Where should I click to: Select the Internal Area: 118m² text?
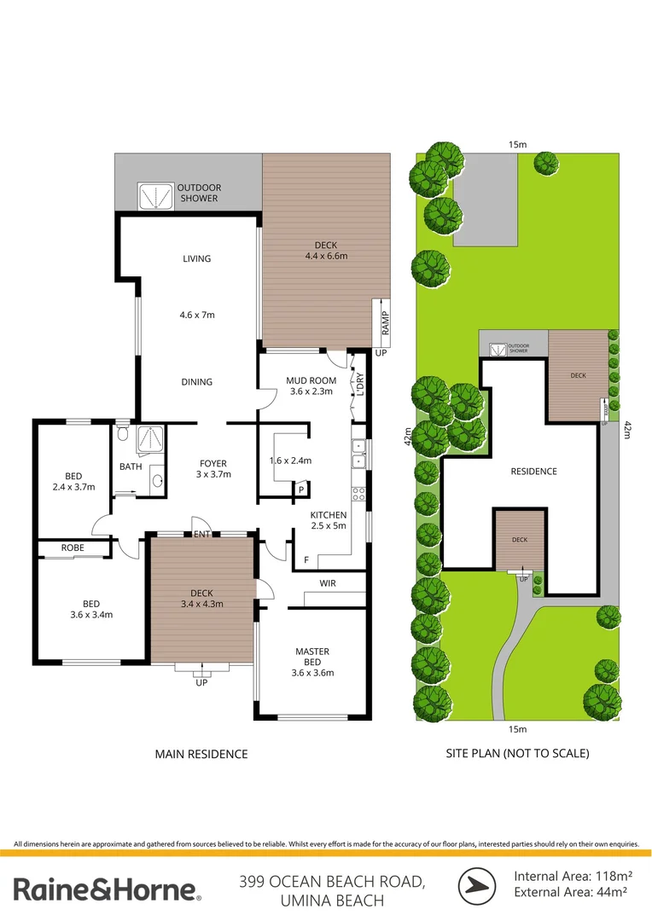[x=573, y=876]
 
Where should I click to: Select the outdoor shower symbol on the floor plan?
[x=154, y=195]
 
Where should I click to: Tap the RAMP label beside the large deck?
[x=385, y=322]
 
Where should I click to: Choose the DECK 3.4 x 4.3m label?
[x=201, y=598]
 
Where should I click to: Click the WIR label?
[x=327, y=585]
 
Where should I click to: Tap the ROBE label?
[x=71, y=547]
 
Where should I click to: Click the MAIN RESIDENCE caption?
[x=201, y=754]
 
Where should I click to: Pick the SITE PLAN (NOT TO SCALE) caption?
[x=517, y=754]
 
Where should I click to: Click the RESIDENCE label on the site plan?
[x=533, y=472]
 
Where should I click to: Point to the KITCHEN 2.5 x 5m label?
[x=329, y=520]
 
